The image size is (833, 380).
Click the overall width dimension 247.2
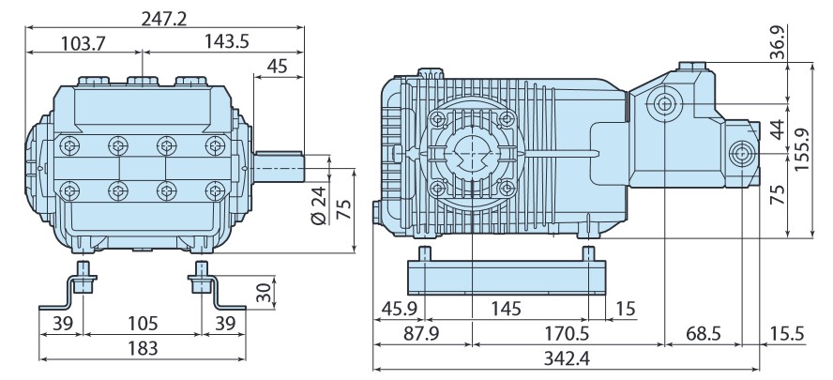pyautogui.click(x=163, y=14)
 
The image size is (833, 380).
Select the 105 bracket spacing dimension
pyautogui.click(x=142, y=323)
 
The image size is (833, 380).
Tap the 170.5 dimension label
pyautogui.click(x=567, y=332)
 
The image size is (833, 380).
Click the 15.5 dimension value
pyautogui.click(x=785, y=332)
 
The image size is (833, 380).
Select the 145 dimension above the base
pyautogui.click(x=507, y=308)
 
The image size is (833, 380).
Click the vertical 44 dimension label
pyautogui.click(x=775, y=129)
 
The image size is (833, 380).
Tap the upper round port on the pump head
pyautogui.click(x=665, y=102)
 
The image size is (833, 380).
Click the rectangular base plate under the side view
pyautogui.click(x=507, y=278)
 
